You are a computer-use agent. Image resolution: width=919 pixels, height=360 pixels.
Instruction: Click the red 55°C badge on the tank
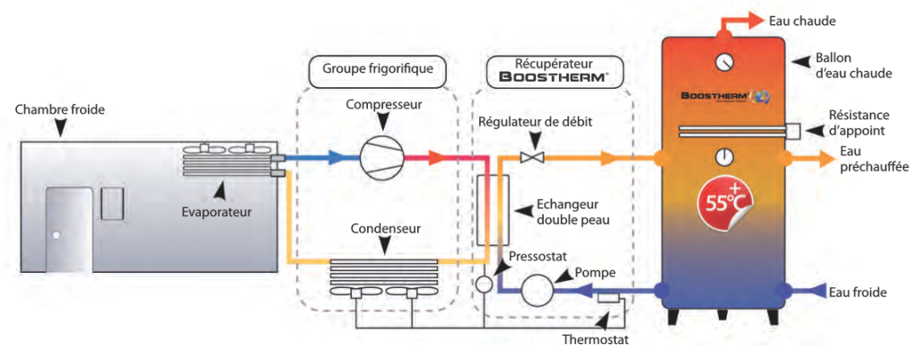(x=722, y=202)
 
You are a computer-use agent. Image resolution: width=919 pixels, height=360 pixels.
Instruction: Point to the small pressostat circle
(x=484, y=285)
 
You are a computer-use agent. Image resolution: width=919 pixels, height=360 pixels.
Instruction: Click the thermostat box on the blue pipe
(x=608, y=297)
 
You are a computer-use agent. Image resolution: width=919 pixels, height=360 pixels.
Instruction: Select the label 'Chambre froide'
(x=60, y=110)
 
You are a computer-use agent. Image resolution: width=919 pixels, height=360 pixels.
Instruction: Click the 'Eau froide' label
(x=859, y=292)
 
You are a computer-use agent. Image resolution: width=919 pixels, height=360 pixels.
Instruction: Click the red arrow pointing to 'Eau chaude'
(x=742, y=19)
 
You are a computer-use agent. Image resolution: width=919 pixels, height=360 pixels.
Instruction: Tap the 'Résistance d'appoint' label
(x=859, y=122)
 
